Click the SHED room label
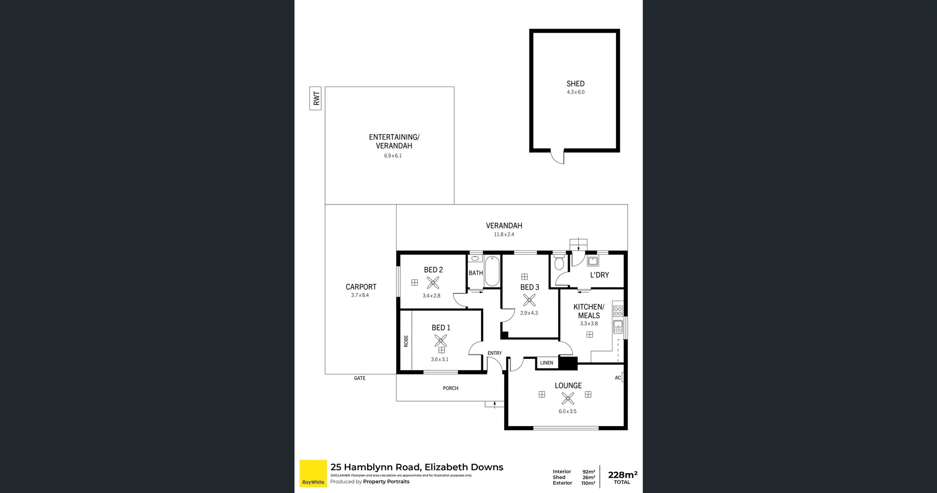(x=575, y=84)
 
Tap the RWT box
(x=316, y=99)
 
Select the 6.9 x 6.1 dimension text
(x=393, y=156)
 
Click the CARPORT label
(x=361, y=287)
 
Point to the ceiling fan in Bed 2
(x=433, y=283)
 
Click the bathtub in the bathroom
(x=492, y=271)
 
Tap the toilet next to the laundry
(x=559, y=263)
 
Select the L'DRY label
(x=599, y=275)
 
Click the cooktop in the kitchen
(x=618, y=311)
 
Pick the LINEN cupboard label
(x=547, y=363)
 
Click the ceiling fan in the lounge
(x=568, y=399)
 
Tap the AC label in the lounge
(x=618, y=378)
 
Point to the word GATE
(x=360, y=378)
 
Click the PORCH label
(x=450, y=389)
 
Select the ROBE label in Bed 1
(x=406, y=341)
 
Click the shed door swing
(x=558, y=157)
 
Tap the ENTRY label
(x=494, y=353)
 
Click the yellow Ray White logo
(x=313, y=473)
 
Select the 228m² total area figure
(x=622, y=475)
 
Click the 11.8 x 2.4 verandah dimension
(x=504, y=235)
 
